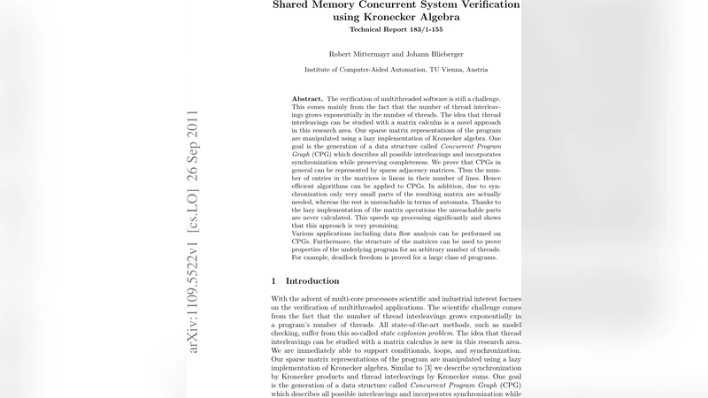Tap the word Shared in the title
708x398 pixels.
296,4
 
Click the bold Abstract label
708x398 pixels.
307,99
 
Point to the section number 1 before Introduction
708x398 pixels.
273,280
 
